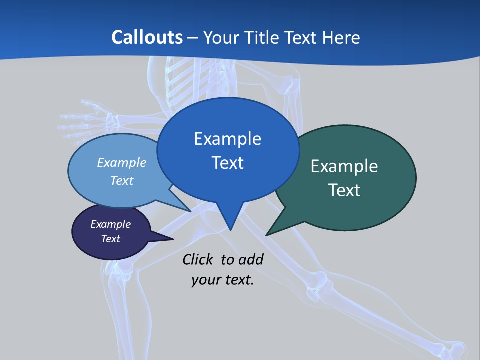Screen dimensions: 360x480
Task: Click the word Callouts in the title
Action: tap(147, 37)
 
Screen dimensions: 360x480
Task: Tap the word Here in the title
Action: tap(342, 37)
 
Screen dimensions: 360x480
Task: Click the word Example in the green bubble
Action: tap(344, 166)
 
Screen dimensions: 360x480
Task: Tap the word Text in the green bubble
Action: tap(344, 190)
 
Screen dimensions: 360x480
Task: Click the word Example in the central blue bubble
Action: tap(227, 139)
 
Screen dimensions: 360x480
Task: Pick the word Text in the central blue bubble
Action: tap(227, 163)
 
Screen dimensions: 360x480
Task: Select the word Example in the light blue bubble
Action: tap(122, 162)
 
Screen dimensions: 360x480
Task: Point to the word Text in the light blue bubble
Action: tap(122, 180)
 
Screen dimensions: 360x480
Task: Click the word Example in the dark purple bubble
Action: tap(110, 224)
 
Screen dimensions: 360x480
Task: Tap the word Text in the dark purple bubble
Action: tap(110, 239)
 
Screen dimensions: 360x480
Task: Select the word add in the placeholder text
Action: tap(251, 259)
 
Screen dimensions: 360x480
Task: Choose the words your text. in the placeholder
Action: tap(223, 280)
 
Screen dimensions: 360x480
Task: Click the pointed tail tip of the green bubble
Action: tap(267, 234)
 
